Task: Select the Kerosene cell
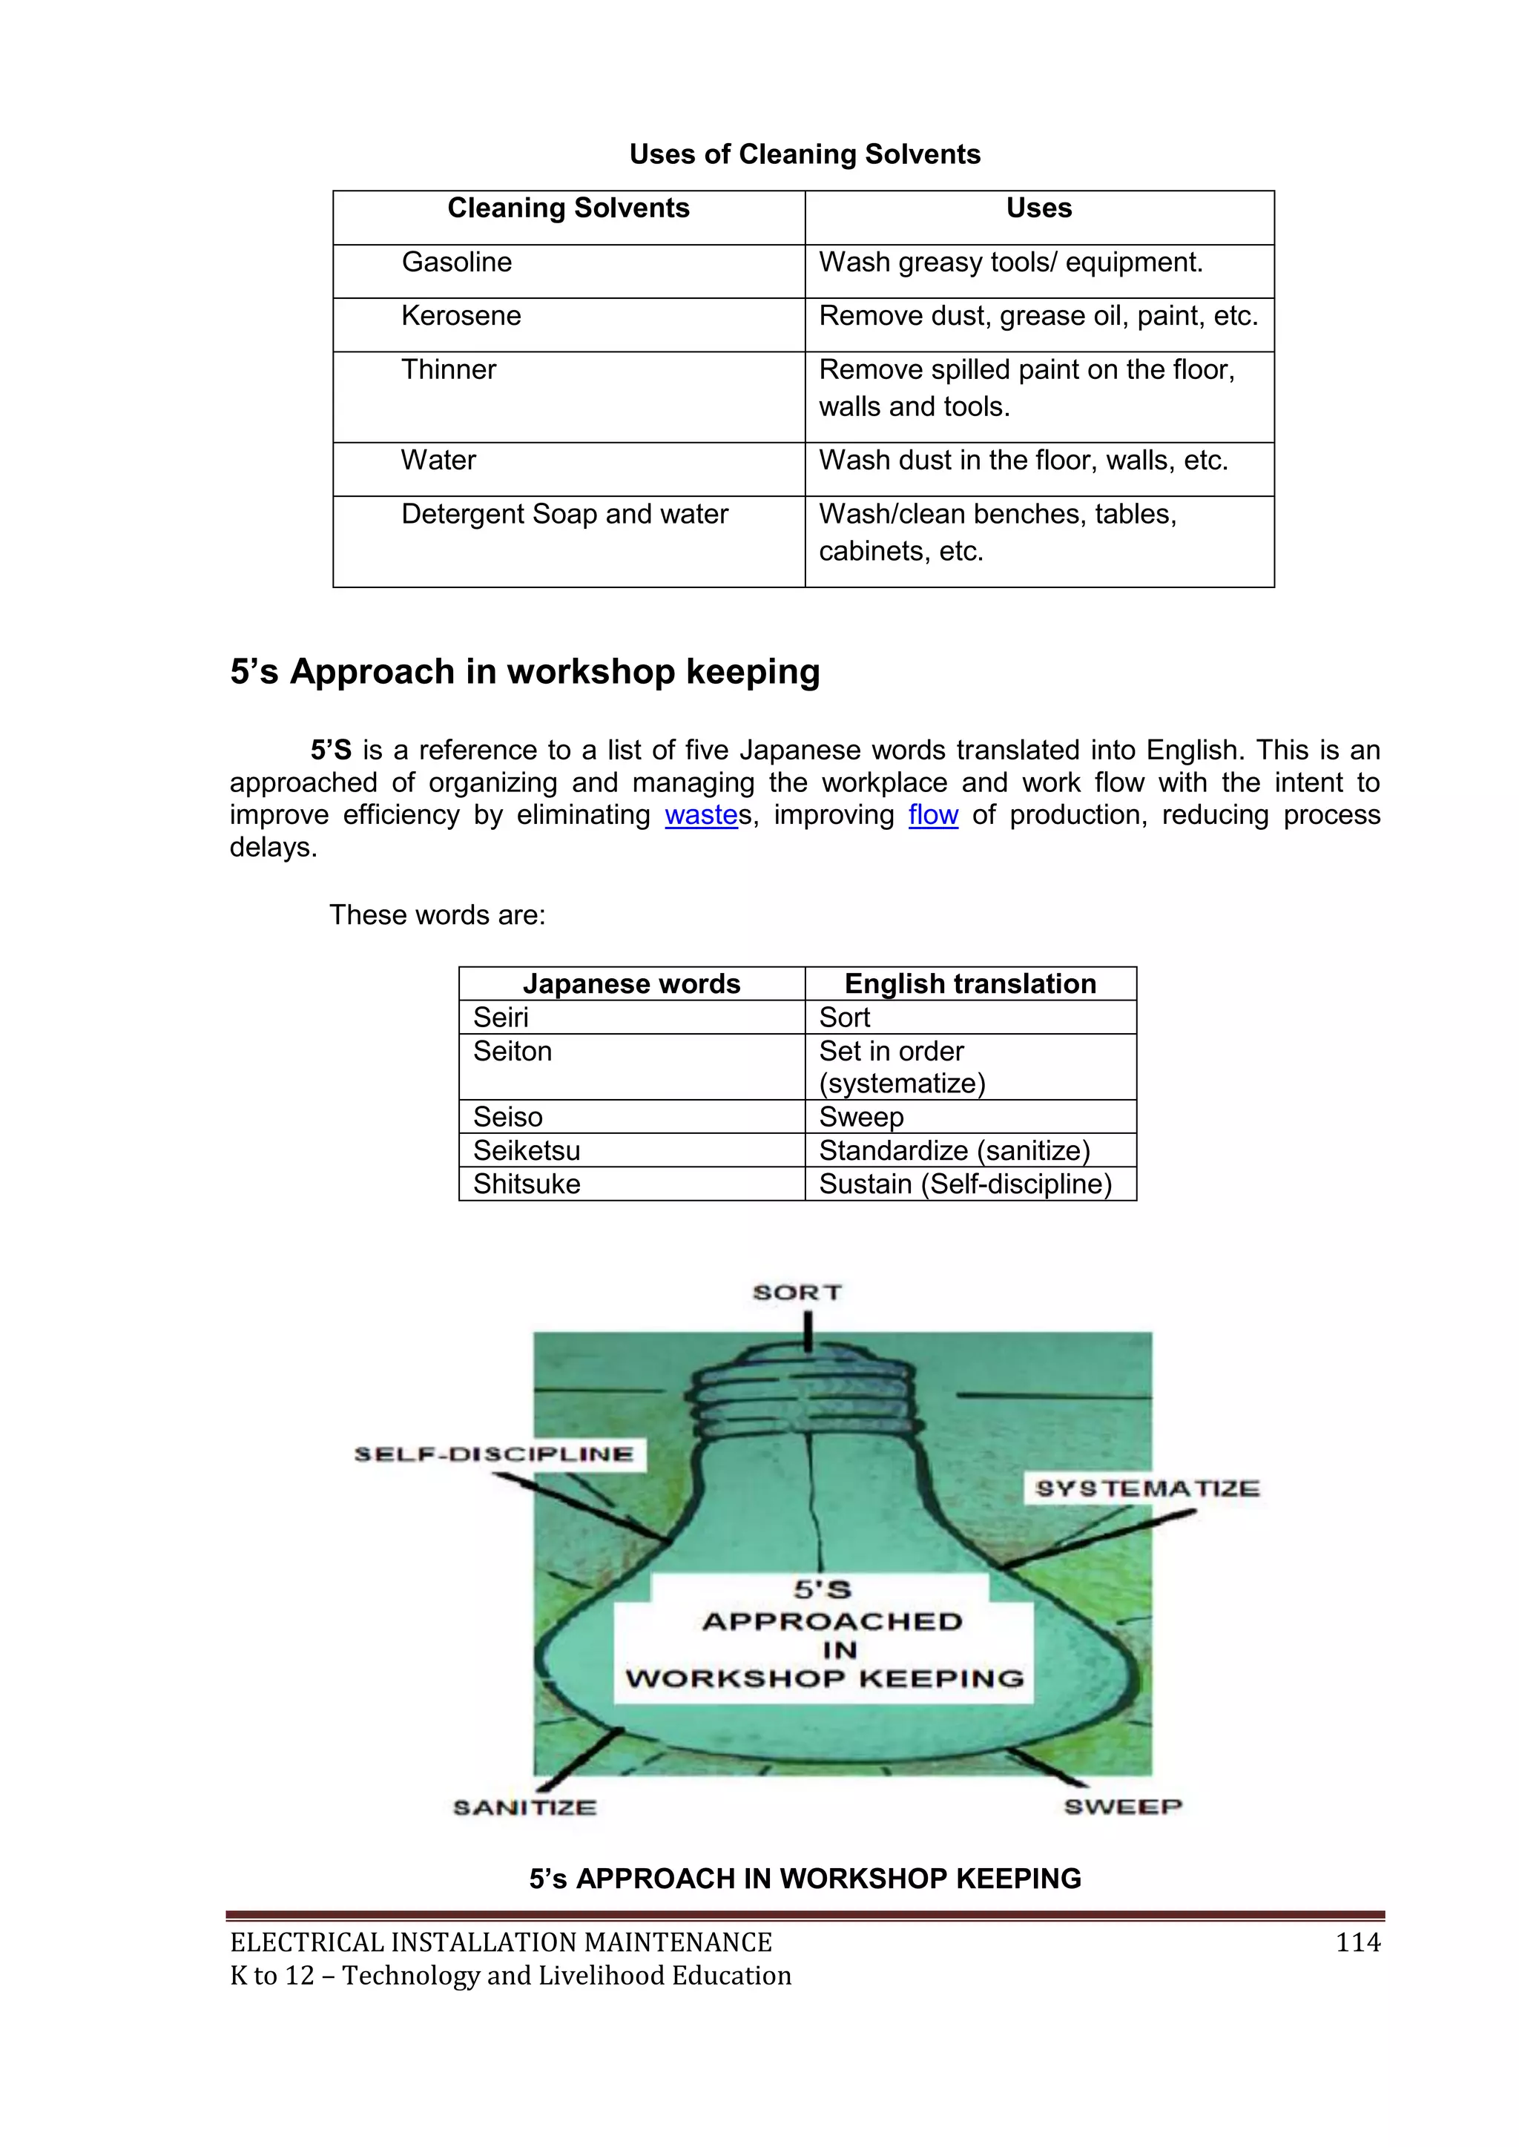[461, 316]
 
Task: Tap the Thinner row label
[448, 370]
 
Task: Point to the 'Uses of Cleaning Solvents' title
[805, 154]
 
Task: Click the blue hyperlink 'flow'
[932, 815]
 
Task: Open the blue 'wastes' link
[702, 815]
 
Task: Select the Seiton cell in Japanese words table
[513, 1052]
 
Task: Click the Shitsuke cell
[527, 1185]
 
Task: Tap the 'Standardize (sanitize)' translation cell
[954, 1151]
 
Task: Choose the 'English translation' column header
[970, 985]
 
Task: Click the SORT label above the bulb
[797, 1293]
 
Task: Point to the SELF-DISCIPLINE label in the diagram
[494, 1454]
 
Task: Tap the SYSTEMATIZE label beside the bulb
[1147, 1488]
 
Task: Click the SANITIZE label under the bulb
[524, 1807]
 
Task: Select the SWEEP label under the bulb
[1122, 1807]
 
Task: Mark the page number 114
[1357, 1943]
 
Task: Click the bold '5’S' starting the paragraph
[331, 751]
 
